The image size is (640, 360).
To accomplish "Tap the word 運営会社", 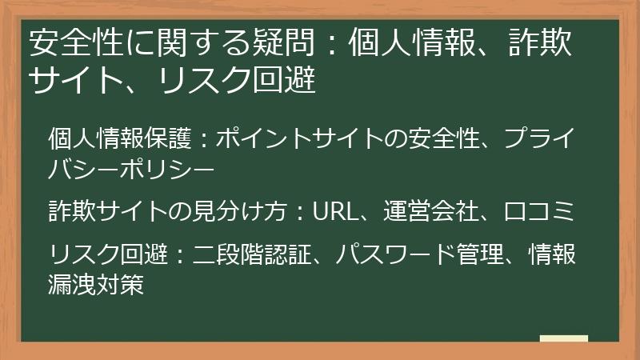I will click(x=429, y=212).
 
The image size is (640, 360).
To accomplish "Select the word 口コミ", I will click(x=539, y=212).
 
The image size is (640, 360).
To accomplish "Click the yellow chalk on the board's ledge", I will click(x=563, y=338).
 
